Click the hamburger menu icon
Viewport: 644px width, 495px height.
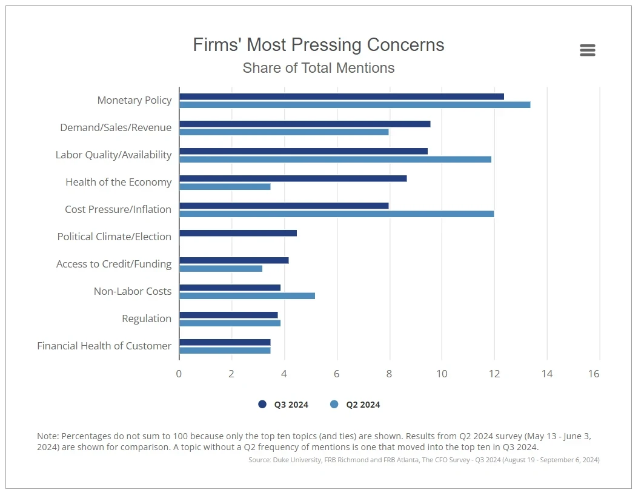pyautogui.click(x=587, y=50)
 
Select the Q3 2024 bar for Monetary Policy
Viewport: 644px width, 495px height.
pyautogui.click(x=342, y=96)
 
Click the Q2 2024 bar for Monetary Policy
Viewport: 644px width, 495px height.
pyautogui.click(x=354, y=105)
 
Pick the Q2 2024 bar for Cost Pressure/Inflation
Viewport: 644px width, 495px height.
pyautogui.click(x=336, y=214)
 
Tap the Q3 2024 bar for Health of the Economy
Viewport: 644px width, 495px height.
pyautogui.click(x=293, y=178)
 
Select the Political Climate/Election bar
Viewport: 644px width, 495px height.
pyautogui.click(x=238, y=233)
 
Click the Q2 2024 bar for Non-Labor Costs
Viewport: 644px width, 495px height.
pyautogui.click(x=247, y=296)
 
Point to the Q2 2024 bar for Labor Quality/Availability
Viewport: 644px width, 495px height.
pyautogui.click(x=335, y=160)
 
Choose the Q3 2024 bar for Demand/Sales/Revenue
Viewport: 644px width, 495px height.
pyautogui.click(x=305, y=124)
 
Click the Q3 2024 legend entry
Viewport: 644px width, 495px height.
pyautogui.click(x=284, y=405)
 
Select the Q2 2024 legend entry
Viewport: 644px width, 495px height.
pyautogui.click(x=356, y=405)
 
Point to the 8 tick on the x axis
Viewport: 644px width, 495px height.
pyautogui.click(x=389, y=374)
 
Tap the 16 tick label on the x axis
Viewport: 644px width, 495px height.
pyautogui.click(x=594, y=374)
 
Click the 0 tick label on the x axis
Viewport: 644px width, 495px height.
pyautogui.click(x=179, y=374)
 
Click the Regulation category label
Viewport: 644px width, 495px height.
pyautogui.click(x=147, y=318)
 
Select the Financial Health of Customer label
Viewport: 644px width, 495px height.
pyautogui.click(x=104, y=346)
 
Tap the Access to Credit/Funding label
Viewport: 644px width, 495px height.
pyautogui.click(x=114, y=264)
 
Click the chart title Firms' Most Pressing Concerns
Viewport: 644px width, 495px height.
pyautogui.click(x=318, y=45)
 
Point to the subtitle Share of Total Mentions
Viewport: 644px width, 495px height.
pyautogui.click(x=318, y=68)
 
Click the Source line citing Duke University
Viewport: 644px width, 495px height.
pyautogui.click(x=423, y=460)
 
